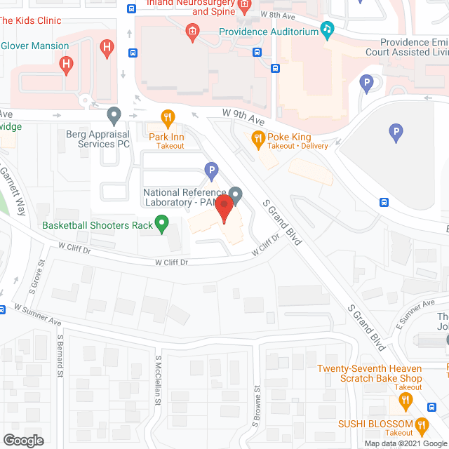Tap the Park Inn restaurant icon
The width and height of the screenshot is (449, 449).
pyautogui.click(x=167, y=117)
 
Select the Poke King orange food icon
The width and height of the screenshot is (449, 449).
pyautogui.click(x=257, y=138)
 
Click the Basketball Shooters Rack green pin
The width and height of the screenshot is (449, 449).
pyautogui.click(x=162, y=225)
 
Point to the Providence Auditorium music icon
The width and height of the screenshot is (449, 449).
pyautogui.click(x=327, y=29)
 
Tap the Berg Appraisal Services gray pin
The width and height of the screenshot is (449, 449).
pyautogui.click(x=114, y=114)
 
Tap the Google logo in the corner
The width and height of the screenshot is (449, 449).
pyautogui.click(x=23, y=440)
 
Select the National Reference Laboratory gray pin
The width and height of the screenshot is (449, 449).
pyautogui.click(x=236, y=194)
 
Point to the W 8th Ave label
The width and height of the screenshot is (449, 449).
pyautogui.click(x=278, y=13)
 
